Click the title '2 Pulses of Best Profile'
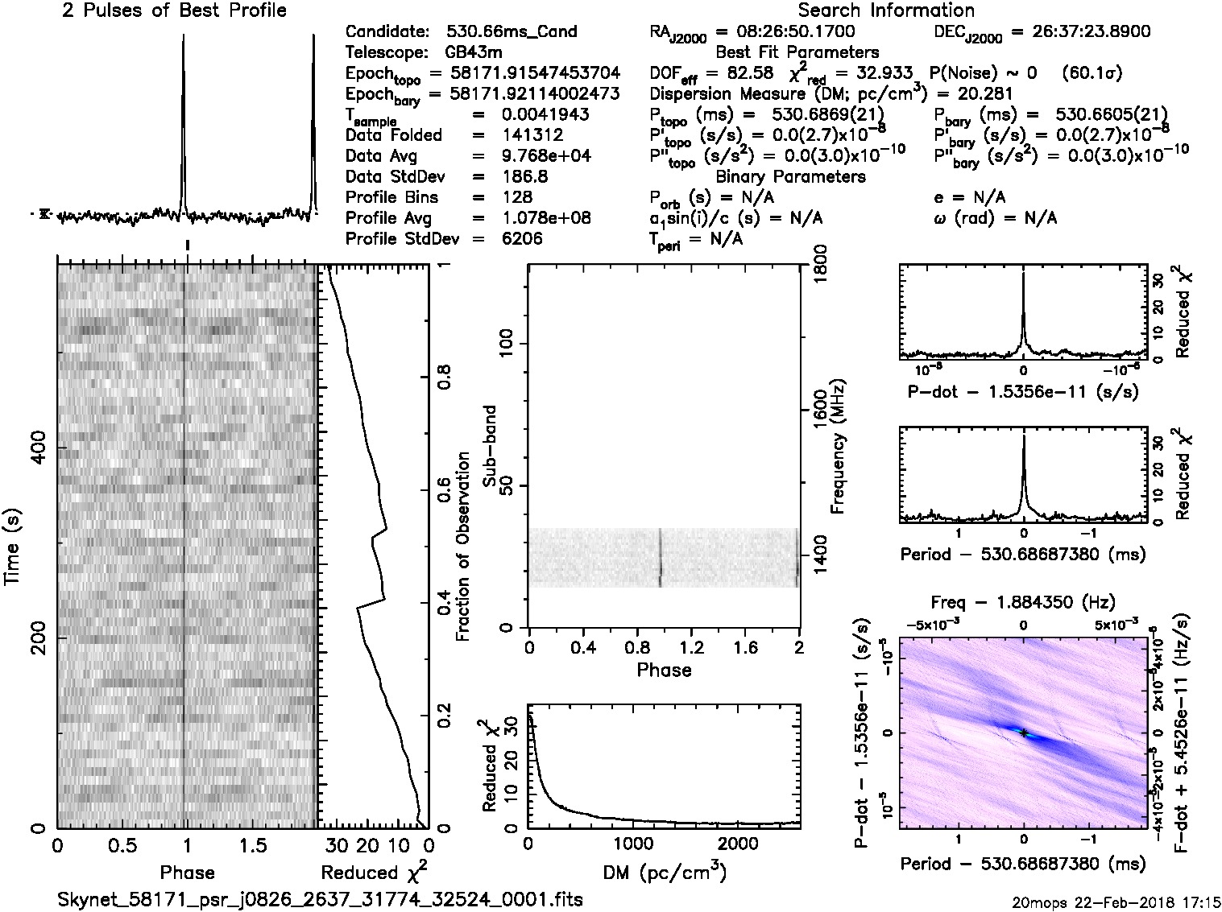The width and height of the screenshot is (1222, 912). (x=174, y=10)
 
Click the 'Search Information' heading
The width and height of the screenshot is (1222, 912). (x=886, y=10)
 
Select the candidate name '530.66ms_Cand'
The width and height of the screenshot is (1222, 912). (x=512, y=32)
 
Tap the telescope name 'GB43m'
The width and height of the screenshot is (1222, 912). (x=473, y=53)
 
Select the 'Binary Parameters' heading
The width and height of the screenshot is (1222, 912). (x=790, y=177)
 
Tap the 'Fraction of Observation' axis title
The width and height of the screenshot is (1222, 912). (x=462, y=547)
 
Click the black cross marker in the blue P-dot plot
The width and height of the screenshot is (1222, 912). (x=1023, y=732)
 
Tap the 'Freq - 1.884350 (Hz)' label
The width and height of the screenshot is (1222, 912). (x=1023, y=603)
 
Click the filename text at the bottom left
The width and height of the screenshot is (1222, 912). (x=320, y=899)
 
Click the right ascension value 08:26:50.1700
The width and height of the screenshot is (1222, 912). (x=785, y=32)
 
